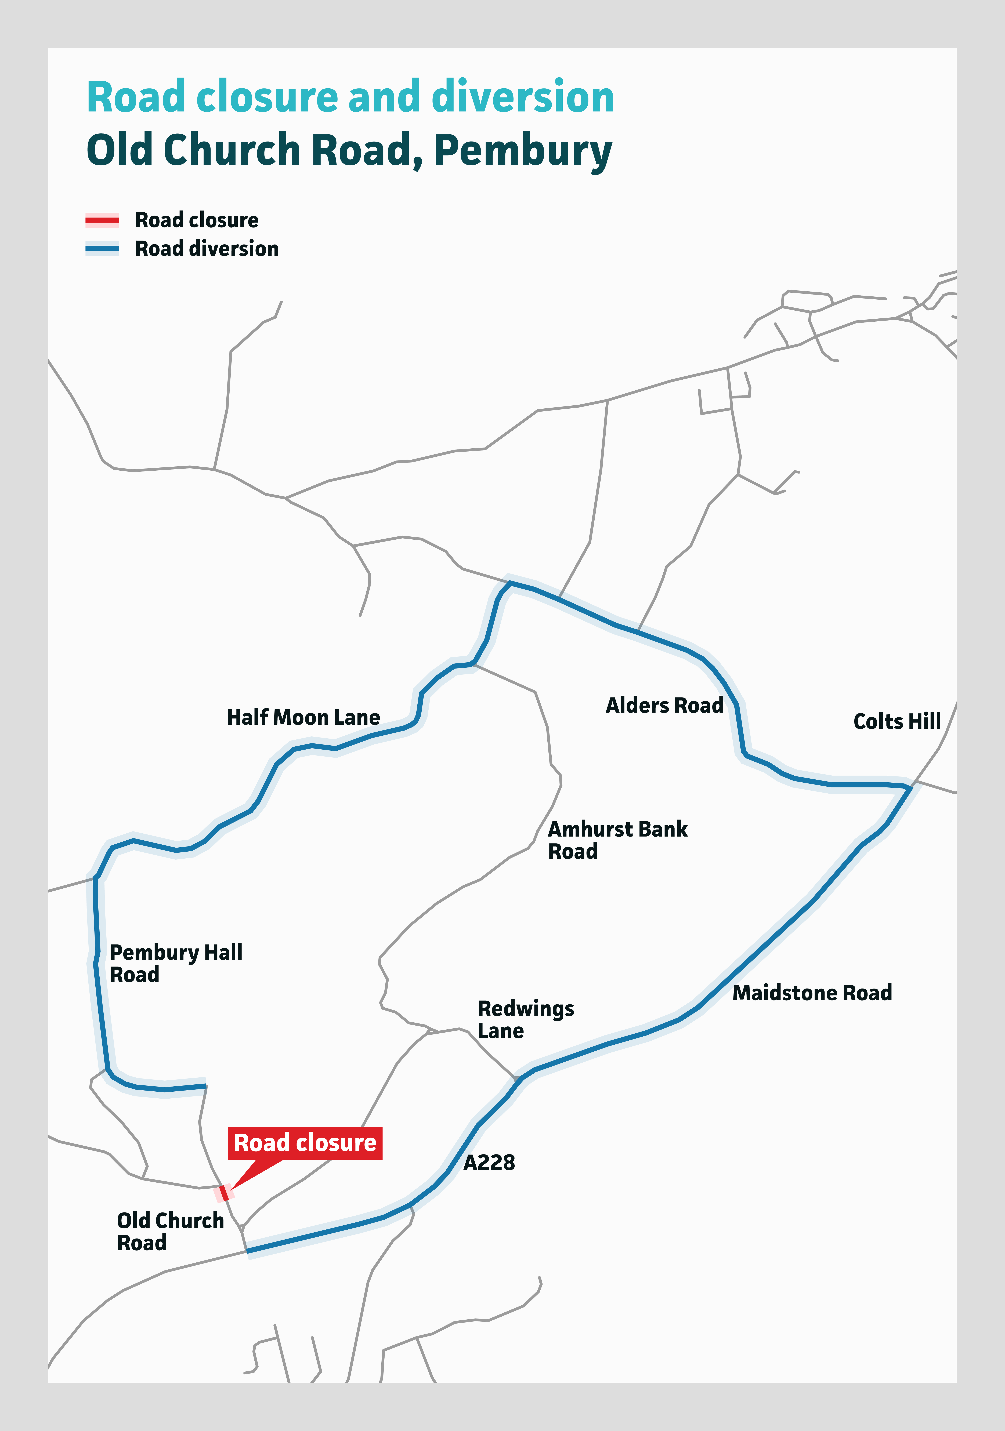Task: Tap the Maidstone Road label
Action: [812, 993]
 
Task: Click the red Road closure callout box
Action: [305, 1143]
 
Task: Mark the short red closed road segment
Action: [224, 1192]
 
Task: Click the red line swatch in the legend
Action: [102, 220]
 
